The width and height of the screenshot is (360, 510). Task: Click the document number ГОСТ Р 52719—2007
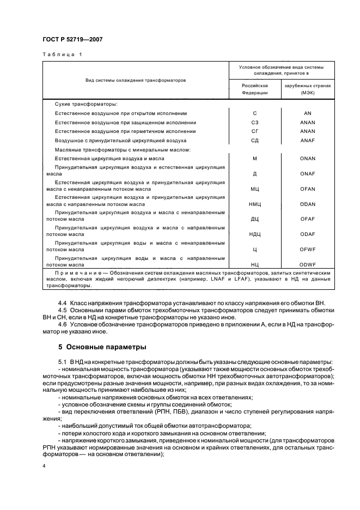[x=72, y=39]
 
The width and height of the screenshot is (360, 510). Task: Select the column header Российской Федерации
[x=255, y=89]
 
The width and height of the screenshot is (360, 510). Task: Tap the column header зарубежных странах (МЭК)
[x=308, y=89]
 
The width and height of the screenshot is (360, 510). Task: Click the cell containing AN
[x=308, y=113]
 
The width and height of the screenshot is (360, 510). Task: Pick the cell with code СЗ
[x=255, y=122]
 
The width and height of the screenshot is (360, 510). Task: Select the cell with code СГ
[x=255, y=131]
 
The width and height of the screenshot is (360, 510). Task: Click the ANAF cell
[x=308, y=141]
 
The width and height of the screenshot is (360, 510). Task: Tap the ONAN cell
[x=308, y=158]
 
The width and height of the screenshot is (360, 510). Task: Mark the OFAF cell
[x=308, y=218]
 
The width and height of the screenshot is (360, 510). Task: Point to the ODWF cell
[x=308, y=263]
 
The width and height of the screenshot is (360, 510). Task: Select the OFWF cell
[x=308, y=248]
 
